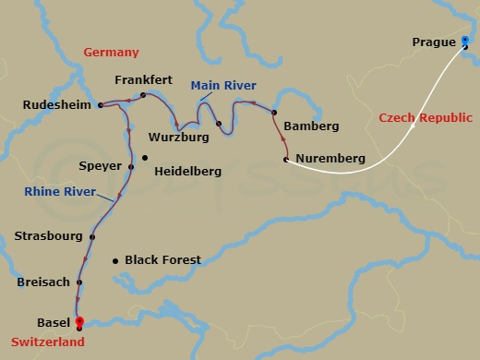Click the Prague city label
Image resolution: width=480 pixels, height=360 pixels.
click(434, 42)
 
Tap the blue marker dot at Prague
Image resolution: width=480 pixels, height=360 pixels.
click(464, 41)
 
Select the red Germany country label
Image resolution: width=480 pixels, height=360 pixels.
click(111, 54)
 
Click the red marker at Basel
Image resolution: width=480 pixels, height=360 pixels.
click(79, 322)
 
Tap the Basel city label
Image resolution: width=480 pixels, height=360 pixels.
click(52, 323)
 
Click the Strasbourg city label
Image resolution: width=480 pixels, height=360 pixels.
click(48, 236)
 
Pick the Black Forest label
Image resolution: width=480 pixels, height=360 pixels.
click(162, 260)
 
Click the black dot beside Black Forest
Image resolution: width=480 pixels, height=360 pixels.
click(114, 260)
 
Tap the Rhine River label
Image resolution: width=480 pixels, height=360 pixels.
click(61, 192)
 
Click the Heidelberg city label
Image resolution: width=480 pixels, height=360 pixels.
click(187, 172)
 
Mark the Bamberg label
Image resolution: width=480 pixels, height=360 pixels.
click(312, 126)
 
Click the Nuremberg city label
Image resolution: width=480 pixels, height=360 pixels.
click(329, 159)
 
